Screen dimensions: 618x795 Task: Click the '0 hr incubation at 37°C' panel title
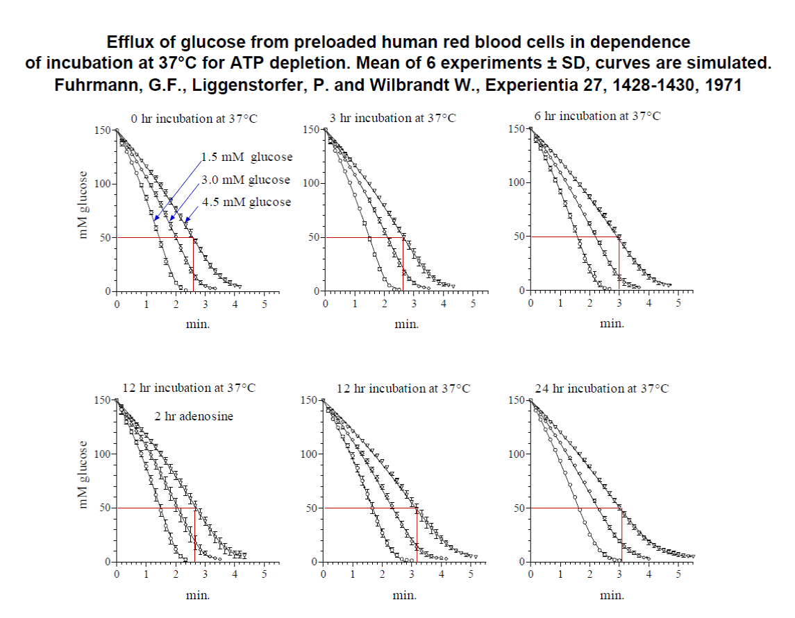coord(190,118)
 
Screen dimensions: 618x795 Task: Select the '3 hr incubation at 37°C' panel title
coord(392,118)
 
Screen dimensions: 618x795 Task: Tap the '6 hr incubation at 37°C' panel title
coord(597,117)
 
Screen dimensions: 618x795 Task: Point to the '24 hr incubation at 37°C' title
coord(602,388)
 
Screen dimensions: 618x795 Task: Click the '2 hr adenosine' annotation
coord(194,416)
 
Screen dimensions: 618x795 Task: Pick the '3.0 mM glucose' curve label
coord(246,180)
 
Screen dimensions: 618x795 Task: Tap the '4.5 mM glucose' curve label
coord(246,202)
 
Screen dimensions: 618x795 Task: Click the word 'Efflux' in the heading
coord(130,42)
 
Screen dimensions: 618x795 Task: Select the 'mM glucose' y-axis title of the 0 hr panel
coord(85,205)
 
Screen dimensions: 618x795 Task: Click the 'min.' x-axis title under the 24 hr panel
coord(612,595)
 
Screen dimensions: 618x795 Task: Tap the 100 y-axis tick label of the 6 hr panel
coord(517,183)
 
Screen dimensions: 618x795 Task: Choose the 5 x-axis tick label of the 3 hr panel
coord(472,304)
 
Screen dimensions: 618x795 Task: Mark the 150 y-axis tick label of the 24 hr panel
coord(517,400)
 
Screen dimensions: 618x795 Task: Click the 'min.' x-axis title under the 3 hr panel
coord(406,323)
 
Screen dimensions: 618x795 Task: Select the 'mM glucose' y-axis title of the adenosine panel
coord(85,476)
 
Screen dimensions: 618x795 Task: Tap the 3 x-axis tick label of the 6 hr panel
coord(619,304)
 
